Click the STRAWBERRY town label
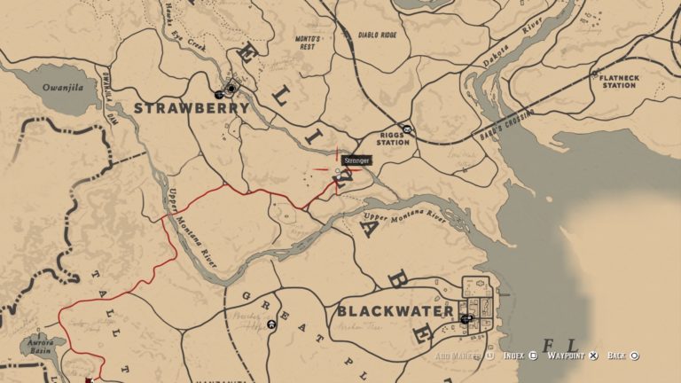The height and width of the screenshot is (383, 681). coord(191,107)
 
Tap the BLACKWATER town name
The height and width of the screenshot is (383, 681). coord(395,312)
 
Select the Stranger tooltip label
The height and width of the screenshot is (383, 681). coord(356,160)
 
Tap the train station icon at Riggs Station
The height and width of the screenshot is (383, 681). coord(407,129)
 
